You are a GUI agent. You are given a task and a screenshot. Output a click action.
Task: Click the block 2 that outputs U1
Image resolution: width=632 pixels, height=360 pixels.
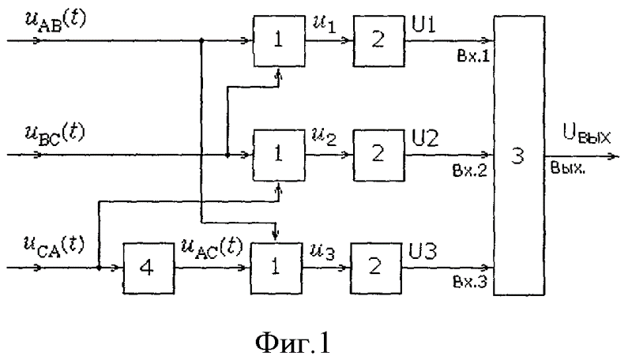(378, 43)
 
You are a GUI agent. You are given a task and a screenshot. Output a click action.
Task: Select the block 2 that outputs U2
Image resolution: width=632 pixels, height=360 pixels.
(378, 156)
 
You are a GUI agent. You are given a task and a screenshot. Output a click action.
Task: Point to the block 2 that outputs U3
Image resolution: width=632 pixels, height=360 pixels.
(378, 268)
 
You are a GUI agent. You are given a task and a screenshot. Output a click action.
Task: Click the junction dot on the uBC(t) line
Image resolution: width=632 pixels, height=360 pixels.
(227, 156)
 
